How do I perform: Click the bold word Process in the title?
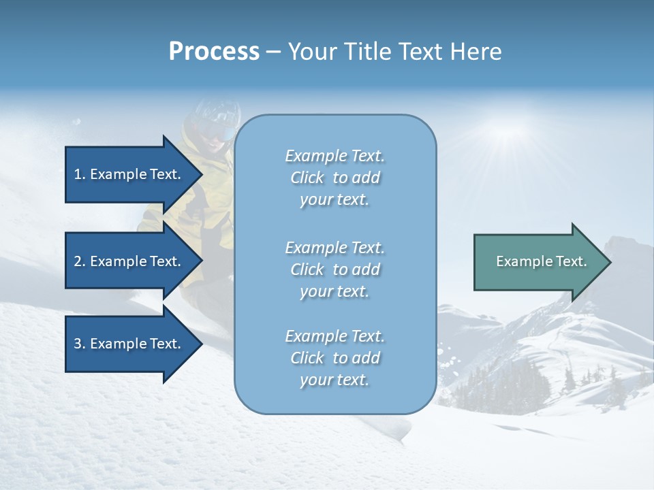pyautogui.click(x=214, y=52)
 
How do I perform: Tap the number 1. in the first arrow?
pyautogui.click(x=80, y=174)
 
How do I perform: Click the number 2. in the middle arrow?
pyautogui.click(x=80, y=261)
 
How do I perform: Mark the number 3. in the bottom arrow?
pyautogui.click(x=80, y=344)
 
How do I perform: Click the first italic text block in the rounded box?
pyautogui.click(x=334, y=178)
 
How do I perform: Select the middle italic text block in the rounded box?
pyautogui.click(x=334, y=269)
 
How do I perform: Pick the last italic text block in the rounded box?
pyautogui.click(x=334, y=358)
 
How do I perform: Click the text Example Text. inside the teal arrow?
pyautogui.click(x=542, y=261)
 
